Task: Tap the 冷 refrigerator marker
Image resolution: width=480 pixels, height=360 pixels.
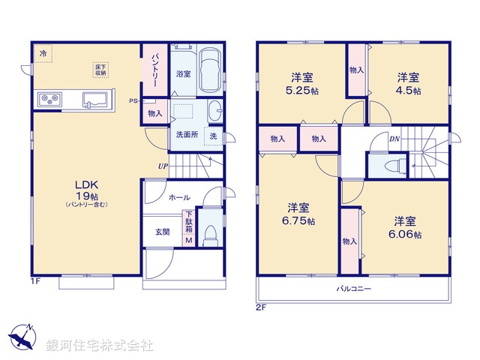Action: pos(43,54)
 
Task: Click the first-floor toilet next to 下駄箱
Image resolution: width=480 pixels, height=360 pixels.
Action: pos(210,234)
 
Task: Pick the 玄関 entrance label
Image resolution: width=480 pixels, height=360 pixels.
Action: pos(162,232)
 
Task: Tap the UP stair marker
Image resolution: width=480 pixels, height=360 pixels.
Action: pos(163,166)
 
